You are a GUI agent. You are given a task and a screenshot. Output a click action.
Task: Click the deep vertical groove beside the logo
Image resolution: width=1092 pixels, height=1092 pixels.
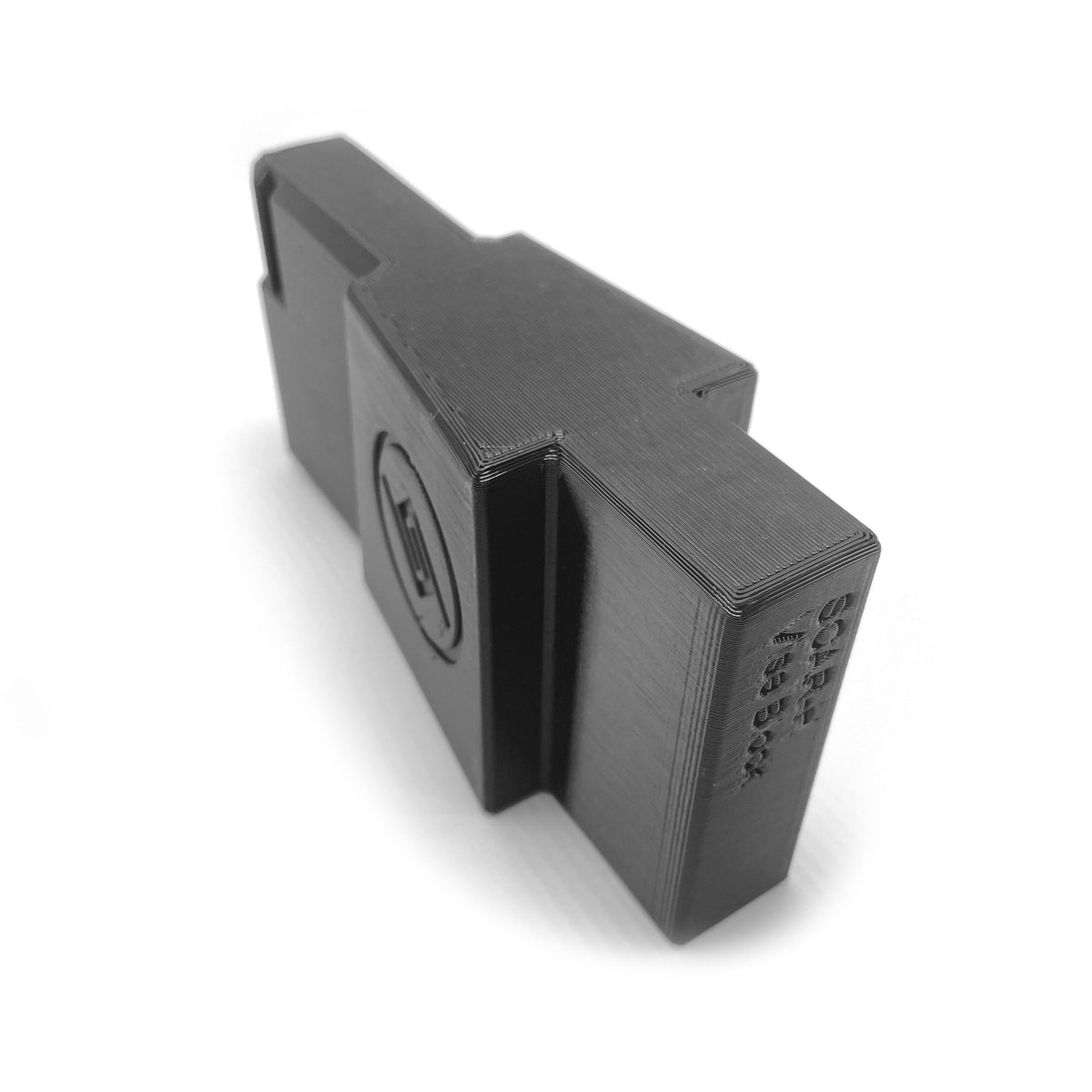click(x=510, y=591)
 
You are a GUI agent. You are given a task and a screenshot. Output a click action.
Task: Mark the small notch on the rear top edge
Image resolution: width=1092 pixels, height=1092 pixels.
click(x=719, y=389)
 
